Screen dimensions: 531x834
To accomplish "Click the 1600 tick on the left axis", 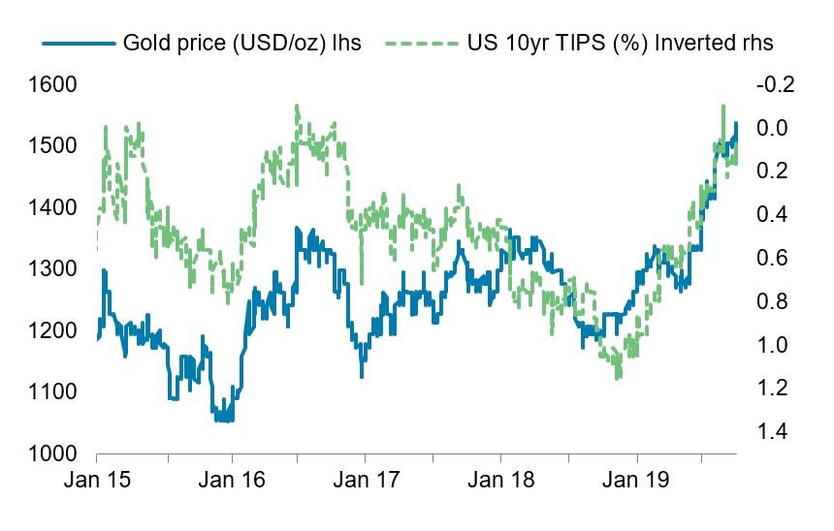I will pyautogui.click(x=53, y=84).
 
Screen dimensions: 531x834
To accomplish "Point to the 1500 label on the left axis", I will pyautogui.click(x=53, y=145).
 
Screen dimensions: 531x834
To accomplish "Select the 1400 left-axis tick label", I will pyautogui.click(x=53, y=207).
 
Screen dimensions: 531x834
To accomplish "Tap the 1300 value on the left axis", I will pyautogui.click(x=53, y=268).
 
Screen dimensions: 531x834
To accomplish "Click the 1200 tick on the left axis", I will pyautogui.click(x=53, y=330).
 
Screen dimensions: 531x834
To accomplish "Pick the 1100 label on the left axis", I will pyautogui.click(x=53, y=391).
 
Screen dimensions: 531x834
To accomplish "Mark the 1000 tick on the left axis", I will pyautogui.click(x=53, y=453).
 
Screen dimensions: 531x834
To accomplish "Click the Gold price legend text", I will pyautogui.click(x=241, y=44).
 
